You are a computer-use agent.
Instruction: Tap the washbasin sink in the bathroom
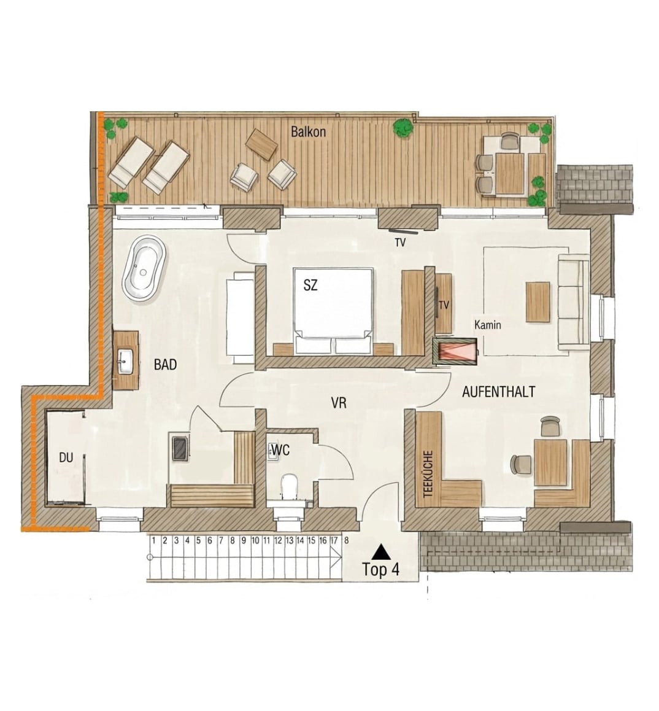point(125,362)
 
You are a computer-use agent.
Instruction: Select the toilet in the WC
point(289,486)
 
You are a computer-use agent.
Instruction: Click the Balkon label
point(308,132)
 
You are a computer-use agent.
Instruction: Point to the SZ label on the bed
point(310,286)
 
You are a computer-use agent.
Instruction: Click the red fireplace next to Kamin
point(455,352)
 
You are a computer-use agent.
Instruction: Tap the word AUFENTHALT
point(499,391)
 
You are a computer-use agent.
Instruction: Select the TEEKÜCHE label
point(428,474)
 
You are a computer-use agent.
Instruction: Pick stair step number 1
point(153,540)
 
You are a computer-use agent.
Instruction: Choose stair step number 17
point(334,540)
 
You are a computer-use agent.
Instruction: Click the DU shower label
point(66,457)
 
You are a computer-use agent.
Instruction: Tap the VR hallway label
point(339,403)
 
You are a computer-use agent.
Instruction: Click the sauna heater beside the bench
point(180,447)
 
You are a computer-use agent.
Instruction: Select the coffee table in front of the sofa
point(538,302)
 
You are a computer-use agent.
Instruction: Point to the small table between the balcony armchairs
point(261,144)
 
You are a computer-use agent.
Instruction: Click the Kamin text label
point(488,325)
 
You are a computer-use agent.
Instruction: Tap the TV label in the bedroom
point(399,243)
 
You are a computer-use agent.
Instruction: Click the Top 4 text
point(380,570)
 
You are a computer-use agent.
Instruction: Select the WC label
point(280,450)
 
